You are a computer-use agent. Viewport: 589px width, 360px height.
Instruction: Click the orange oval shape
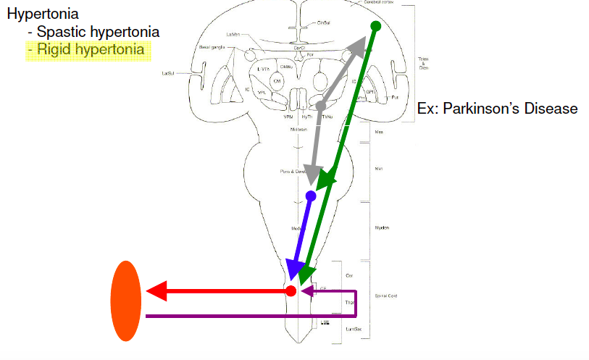point(125,301)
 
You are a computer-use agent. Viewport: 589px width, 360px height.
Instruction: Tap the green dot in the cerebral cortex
point(375,27)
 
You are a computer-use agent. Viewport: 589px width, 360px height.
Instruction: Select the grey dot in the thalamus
point(321,106)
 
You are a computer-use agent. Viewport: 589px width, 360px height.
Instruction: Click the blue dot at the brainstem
point(311,196)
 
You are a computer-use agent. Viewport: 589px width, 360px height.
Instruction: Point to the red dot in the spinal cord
point(291,291)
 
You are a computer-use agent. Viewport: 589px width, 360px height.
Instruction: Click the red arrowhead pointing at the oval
point(156,291)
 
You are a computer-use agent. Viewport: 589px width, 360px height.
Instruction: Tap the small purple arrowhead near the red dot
point(306,291)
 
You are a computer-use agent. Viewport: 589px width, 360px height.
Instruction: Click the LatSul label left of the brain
point(170,73)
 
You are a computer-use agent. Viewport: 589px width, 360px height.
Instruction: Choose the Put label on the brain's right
point(395,96)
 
